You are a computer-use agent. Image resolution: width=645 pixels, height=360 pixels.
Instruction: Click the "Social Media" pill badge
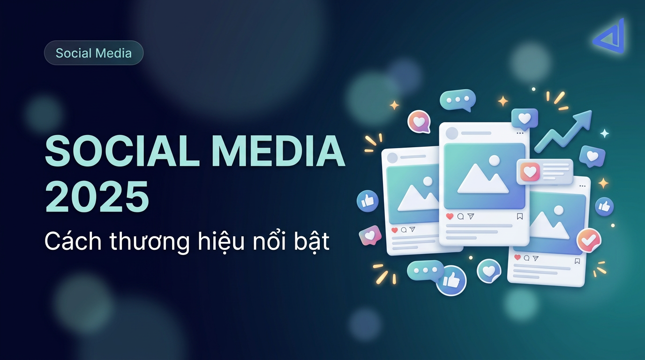(x=94, y=53)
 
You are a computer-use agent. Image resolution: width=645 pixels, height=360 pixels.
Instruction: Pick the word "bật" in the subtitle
(x=309, y=241)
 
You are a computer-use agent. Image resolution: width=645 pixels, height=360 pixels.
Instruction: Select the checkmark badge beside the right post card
(x=588, y=240)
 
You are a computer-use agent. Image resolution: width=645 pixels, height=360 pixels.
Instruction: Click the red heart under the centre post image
(x=450, y=217)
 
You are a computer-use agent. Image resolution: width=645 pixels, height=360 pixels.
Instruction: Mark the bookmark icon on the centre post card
(x=519, y=217)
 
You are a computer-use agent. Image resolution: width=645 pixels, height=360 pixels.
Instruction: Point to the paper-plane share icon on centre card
(x=471, y=217)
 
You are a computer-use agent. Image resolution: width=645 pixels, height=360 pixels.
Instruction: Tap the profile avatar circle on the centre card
(x=451, y=134)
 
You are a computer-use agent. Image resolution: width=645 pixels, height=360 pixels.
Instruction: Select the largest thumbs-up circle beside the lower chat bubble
(x=451, y=280)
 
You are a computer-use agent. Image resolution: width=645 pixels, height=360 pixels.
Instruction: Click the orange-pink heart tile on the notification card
(x=530, y=172)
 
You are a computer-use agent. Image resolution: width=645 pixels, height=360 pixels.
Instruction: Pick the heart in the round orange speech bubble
(x=419, y=122)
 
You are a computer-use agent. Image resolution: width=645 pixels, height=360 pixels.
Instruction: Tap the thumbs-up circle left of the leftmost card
(x=367, y=202)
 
